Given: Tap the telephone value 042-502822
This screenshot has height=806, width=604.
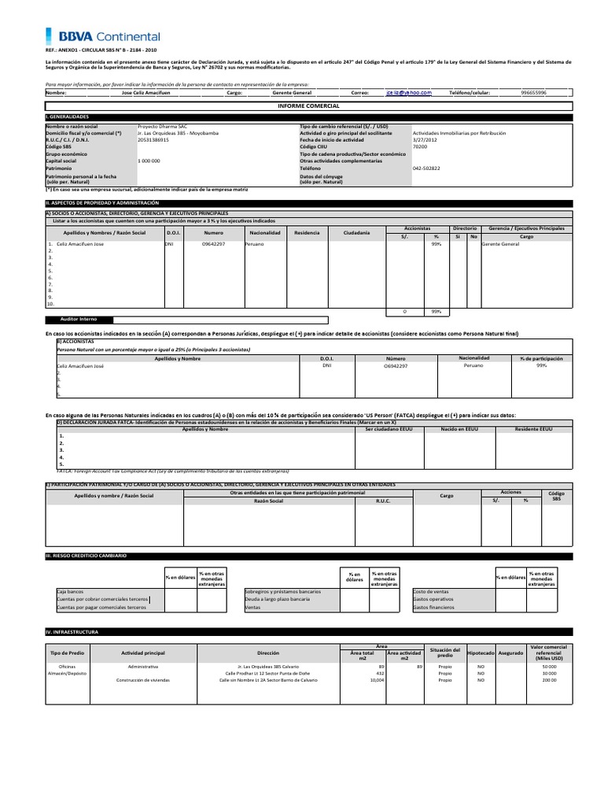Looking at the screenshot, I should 428,168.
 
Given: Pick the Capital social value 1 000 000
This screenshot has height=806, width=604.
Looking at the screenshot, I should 149,161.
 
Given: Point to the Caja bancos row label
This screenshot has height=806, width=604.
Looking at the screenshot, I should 71,590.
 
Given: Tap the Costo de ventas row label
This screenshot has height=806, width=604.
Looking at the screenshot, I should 431,590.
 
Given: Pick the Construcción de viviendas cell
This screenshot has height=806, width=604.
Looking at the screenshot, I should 143,679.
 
